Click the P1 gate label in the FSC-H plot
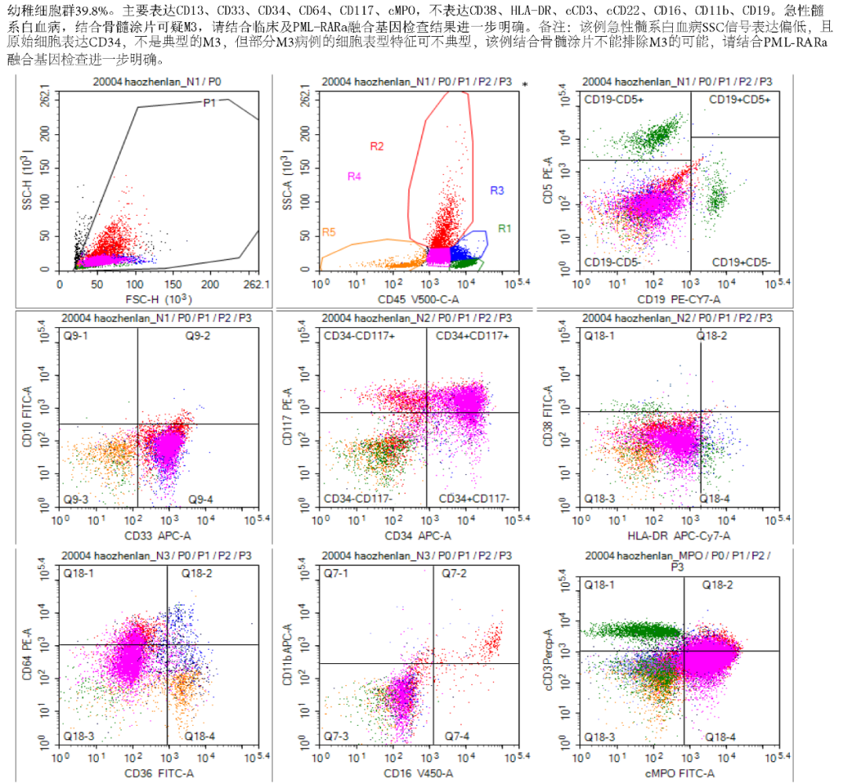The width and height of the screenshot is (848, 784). pyautogui.click(x=209, y=102)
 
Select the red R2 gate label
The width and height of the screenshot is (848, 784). pyautogui.click(x=377, y=146)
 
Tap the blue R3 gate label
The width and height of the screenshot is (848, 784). pyautogui.click(x=496, y=191)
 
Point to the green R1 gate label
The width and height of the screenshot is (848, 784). pyautogui.click(x=504, y=228)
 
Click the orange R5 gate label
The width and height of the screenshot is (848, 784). pyautogui.click(x=329, y=233)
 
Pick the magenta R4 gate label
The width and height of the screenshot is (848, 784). pyautogui.click(x=354, y=177)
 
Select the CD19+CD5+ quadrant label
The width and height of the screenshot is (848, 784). pyautogui.click(x=739, y=100)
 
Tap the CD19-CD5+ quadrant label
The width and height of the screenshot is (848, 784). pyautogui.click(x=614, y=100)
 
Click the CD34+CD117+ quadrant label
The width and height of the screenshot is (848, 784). pyautogui.click(x=473, y=337)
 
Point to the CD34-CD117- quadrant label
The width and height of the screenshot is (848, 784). pyautogui.click(x=353, y=498)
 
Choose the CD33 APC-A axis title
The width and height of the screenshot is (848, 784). pyautogui.click(x=159, y=535)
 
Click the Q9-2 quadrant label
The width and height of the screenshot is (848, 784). pyautogui.click(x=197, y=337)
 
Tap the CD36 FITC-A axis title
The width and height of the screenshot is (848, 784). pyautogui.click(x=159, y=773)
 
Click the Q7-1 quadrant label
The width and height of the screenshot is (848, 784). pyautogui.click(x=338, y=574)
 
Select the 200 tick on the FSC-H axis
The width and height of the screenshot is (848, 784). pyautogui.click(x=210, y=283)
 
